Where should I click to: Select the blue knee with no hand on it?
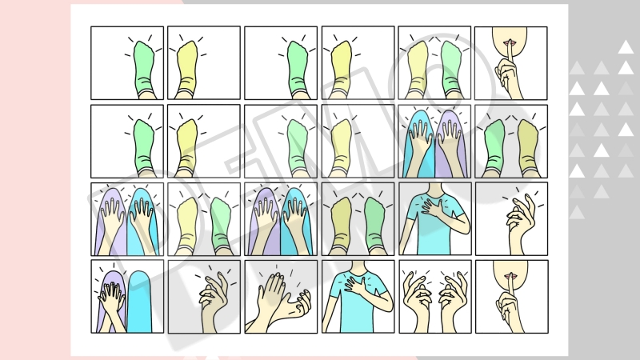coord(139,302)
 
